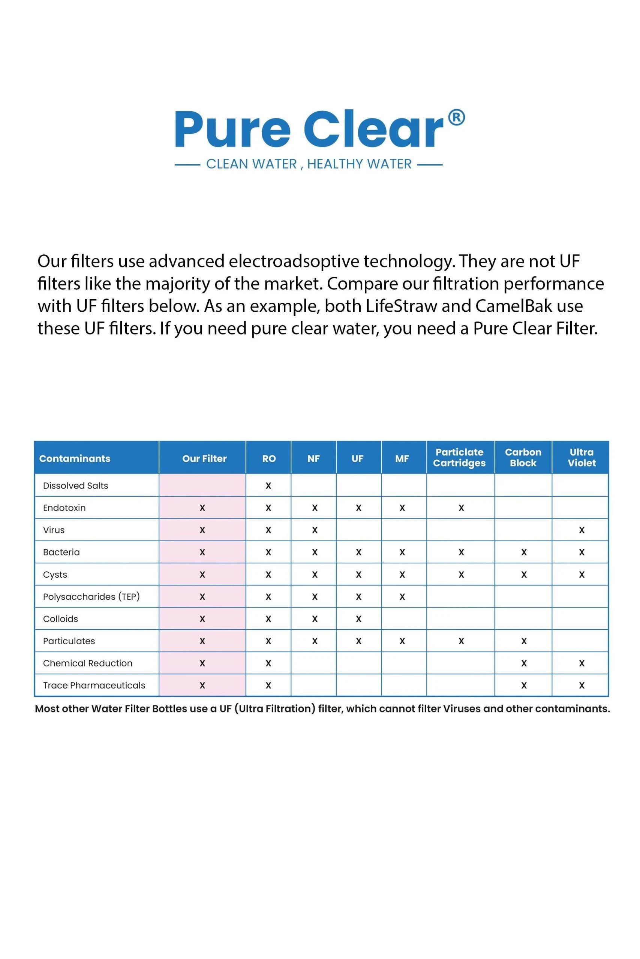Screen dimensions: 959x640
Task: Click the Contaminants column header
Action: pos(75,458)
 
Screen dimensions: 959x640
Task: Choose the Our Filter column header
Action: pos(204,458)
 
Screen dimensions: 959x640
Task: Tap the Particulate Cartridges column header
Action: pos(459,457)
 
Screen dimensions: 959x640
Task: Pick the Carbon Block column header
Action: pos(523,457)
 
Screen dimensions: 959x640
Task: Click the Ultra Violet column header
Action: pos(581,457)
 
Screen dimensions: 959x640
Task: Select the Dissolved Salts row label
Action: pos(75,485)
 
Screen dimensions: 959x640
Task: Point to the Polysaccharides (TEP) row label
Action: pos(91,596)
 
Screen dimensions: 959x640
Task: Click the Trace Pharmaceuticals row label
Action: pos(94,686)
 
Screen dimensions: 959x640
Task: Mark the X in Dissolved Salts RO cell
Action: pos(268,485)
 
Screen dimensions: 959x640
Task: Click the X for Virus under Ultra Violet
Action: pos(582,530)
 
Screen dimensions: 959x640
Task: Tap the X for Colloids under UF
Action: pos(358,619)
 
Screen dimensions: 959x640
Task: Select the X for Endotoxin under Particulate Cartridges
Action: pos(461,508)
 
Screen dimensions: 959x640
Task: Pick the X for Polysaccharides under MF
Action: pos(402,597)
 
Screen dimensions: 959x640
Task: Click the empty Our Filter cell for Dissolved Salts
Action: pos(202,485)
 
